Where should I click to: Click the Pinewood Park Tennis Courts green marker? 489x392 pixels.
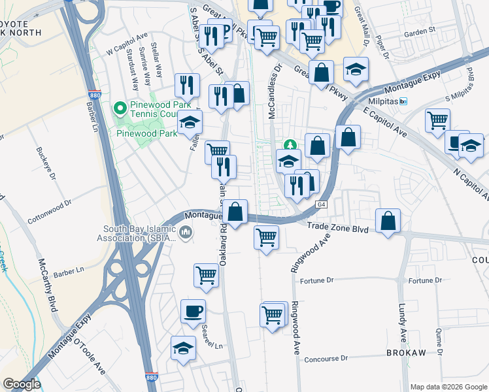pos(119,107)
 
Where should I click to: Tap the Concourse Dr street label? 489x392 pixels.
pos(326,359)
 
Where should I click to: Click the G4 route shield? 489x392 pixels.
pos(321,204)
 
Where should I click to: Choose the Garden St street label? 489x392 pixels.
pos(419,31)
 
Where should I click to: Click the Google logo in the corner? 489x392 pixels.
pos(22,384)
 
